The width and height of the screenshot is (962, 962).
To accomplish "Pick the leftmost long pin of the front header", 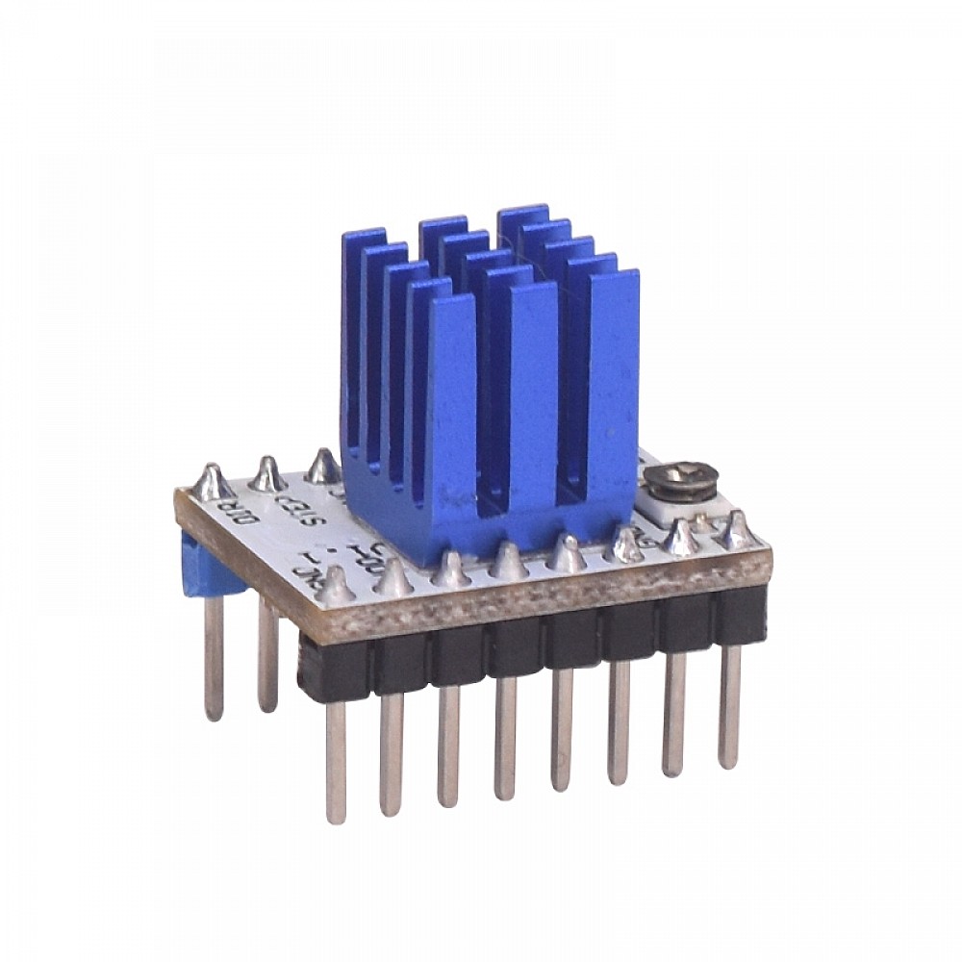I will coord(335,760).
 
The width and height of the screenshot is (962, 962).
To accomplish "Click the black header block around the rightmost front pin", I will coord(741,616).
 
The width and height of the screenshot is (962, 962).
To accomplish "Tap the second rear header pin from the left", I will coord(267,654).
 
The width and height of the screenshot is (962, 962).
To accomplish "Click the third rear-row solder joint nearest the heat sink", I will coord(323,467).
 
